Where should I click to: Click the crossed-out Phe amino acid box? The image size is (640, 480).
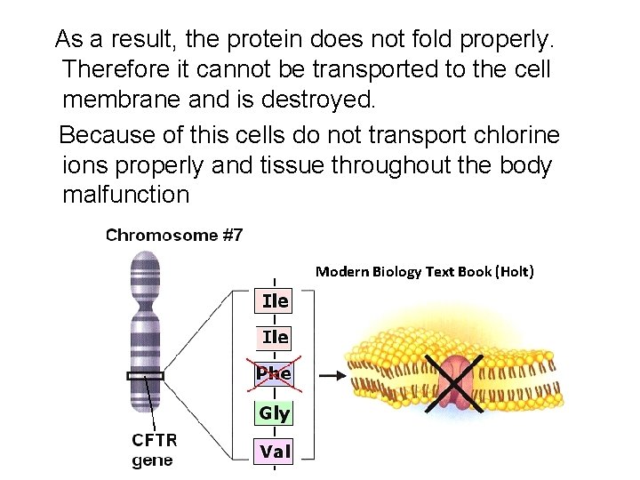[274, 374]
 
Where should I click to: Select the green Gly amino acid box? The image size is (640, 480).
[274, 413]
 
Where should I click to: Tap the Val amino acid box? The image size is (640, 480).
[275, 452]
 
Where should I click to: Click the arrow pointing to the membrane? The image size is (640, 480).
[332, 375]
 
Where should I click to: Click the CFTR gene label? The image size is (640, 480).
[155, 450]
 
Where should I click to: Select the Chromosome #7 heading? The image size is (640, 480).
[174, 236]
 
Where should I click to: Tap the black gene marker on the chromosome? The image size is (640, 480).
[145, 376]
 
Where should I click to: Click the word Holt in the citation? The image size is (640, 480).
[513, 271]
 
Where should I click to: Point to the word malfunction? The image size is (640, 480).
[126, 195]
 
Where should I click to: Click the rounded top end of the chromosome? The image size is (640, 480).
[145, 260]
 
